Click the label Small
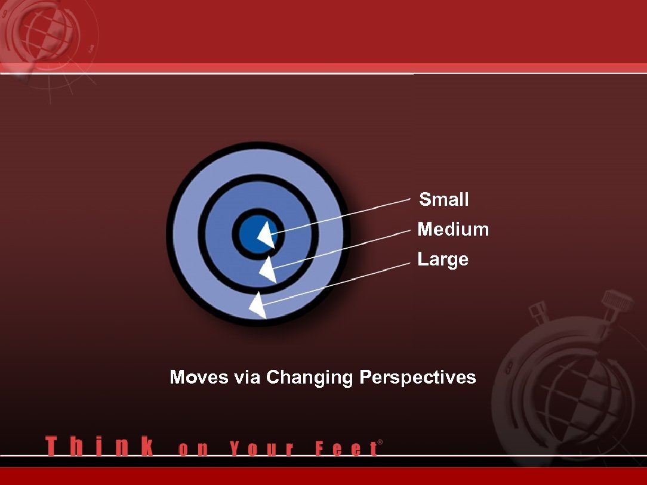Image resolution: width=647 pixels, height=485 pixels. (x=443, y=199)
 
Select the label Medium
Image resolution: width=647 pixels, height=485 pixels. (x=453, y=229)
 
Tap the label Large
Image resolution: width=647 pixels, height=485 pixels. (x=443, y=260)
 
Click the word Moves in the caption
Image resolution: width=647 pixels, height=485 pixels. (x=199, y=378)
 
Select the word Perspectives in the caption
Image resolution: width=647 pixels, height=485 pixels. (x=418, y=378)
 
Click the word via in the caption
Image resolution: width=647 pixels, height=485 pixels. (x=247, y=378)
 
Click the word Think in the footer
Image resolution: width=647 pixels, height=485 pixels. (x=99, y=447)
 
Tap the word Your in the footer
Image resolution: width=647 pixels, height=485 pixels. (x=261, y=448)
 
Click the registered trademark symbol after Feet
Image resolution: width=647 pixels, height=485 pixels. (x=380, y=443)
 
